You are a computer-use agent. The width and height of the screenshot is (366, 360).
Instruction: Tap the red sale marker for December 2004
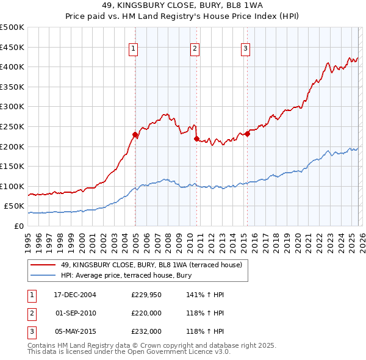tap(135, 134)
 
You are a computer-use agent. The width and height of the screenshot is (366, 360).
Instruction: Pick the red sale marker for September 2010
tap(196, 139)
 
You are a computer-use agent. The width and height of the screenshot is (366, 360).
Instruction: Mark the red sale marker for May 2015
tap(247, 134)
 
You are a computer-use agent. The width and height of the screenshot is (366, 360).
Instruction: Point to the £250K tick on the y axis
tap(12, 126)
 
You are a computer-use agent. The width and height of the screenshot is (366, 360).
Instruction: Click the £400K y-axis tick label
tap(12, 67)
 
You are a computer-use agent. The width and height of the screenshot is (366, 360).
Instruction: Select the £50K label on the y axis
tap(14, 206)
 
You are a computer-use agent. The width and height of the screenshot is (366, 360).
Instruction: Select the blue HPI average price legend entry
tap(126, 276)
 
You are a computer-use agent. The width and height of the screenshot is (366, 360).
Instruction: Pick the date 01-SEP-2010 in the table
tap(76, 313)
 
